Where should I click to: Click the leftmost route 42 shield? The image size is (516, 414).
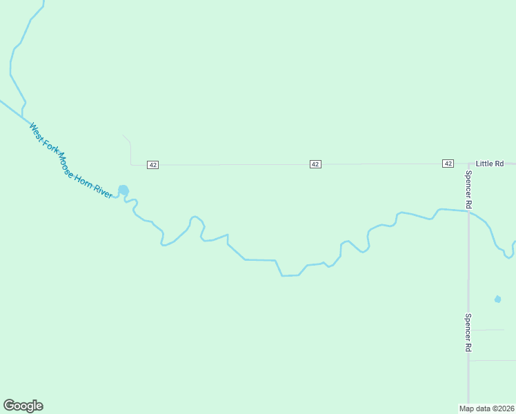pos(153,165)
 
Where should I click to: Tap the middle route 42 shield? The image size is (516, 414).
pos(315,164)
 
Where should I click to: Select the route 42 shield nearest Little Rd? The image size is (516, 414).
pos(448,164)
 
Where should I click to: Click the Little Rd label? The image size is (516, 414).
pos(490,164)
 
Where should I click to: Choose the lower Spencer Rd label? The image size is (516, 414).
pos(468,333)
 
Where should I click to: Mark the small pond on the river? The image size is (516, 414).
pos(123,190)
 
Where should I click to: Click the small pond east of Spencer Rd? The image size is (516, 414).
pos(497,299)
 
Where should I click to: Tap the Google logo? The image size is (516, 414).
pos(23,406)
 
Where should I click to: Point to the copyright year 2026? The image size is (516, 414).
pos(504,408)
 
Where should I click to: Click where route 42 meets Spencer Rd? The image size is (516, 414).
pos(468,164)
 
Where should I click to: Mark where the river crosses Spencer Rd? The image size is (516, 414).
pos(468,211)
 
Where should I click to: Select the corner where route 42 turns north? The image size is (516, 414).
pos(131,164)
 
